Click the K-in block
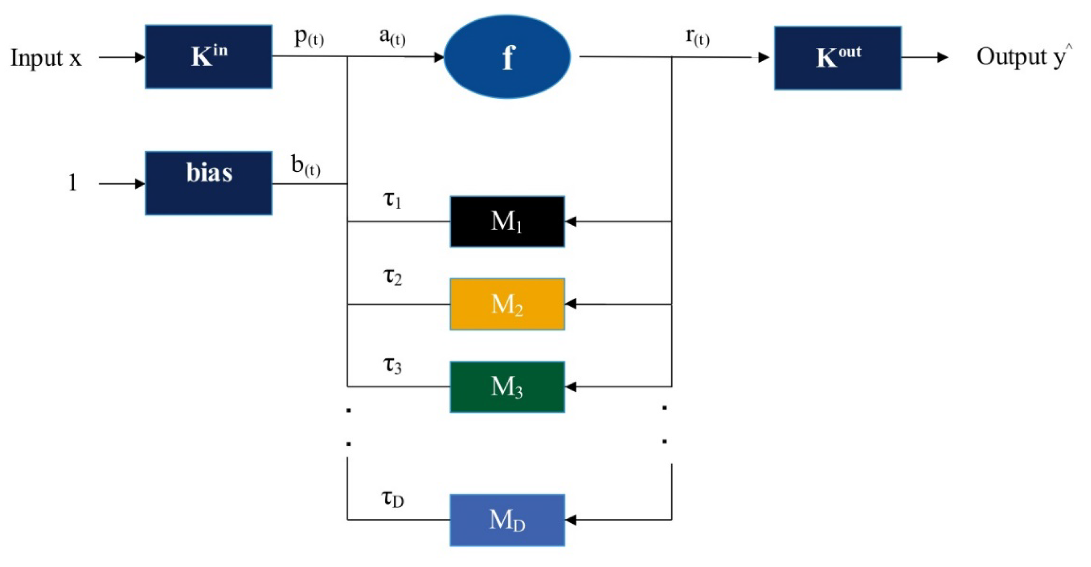(208, 57)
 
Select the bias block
(208, 183)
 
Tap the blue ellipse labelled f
(507, 57)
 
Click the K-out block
(837, 58)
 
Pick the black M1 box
(507, 221)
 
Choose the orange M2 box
(507, 304)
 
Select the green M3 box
(507, 387)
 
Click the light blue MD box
(507, 520)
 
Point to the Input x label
(46, 58)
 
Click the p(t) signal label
(309, 38)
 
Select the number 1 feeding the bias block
(73, 183)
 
